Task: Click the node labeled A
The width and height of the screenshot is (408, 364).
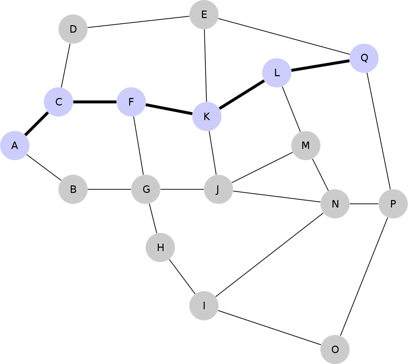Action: coord(15,146)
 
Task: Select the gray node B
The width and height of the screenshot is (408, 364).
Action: coord(73,189)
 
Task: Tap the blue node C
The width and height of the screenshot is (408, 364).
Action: coord(58,102)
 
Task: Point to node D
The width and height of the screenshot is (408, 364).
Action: coord(73,29)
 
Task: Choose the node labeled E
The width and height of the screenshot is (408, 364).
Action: coord(204,15)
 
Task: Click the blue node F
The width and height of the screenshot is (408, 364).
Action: coord(131,102)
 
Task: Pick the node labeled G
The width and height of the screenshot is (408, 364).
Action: coord(146,189)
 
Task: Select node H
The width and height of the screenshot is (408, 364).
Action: coord(160,247)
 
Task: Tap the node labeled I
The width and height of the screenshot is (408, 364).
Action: coord(204,305)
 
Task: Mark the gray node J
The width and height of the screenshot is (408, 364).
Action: coord(218,189)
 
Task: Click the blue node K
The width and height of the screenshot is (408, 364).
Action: coord(207,117)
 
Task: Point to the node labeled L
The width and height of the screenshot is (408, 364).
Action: coord(277,73)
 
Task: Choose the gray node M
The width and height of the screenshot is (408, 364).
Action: coord(306,146)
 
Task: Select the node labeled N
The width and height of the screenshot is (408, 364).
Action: coord(335,204)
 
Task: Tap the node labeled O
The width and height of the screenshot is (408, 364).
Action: coord(335,349)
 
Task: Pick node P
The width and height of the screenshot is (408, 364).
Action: coord(393,204)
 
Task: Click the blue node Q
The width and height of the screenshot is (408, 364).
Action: coord(364,58)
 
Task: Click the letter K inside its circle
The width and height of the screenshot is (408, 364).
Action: coord(207,117)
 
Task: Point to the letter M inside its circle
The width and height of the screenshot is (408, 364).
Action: coord(306,146)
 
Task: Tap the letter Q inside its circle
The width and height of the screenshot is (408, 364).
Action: coord(364,58)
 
